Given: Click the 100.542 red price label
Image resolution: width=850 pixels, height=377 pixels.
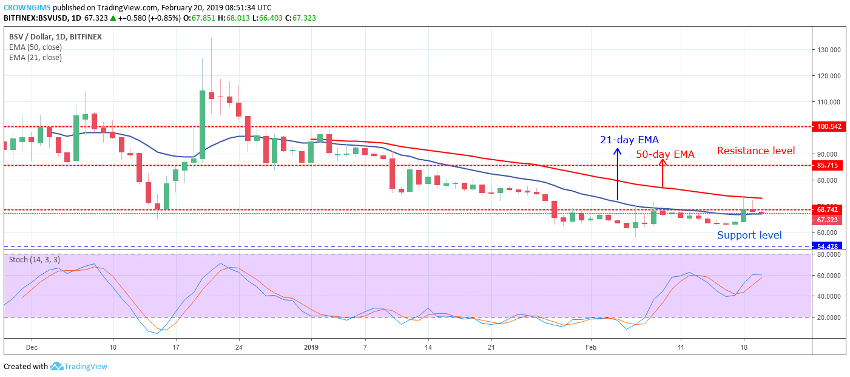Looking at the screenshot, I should [x=829, y=127].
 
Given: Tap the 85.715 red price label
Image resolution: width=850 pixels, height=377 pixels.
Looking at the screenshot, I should [x=828, y=165].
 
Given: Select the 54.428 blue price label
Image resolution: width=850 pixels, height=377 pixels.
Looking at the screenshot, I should [x=828, y=246].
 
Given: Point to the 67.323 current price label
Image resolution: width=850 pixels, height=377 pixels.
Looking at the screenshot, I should [x=828, y=220].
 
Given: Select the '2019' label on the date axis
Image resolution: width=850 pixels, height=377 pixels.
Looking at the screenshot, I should [x=311, y=347].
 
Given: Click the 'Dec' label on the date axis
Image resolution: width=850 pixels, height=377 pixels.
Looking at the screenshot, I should [x=32, y=347].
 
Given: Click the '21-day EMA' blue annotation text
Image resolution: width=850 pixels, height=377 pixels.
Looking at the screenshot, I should [x=629, y=140].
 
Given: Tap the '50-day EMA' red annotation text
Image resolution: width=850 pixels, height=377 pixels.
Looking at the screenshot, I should [x=665, y=154].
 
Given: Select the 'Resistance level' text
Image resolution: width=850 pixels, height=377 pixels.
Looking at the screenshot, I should [x=756, y=151].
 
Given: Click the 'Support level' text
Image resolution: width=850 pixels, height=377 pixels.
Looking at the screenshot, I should [x=749, y=235].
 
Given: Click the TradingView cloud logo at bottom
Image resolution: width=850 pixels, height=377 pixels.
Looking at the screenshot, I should [x=57, y=366].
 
